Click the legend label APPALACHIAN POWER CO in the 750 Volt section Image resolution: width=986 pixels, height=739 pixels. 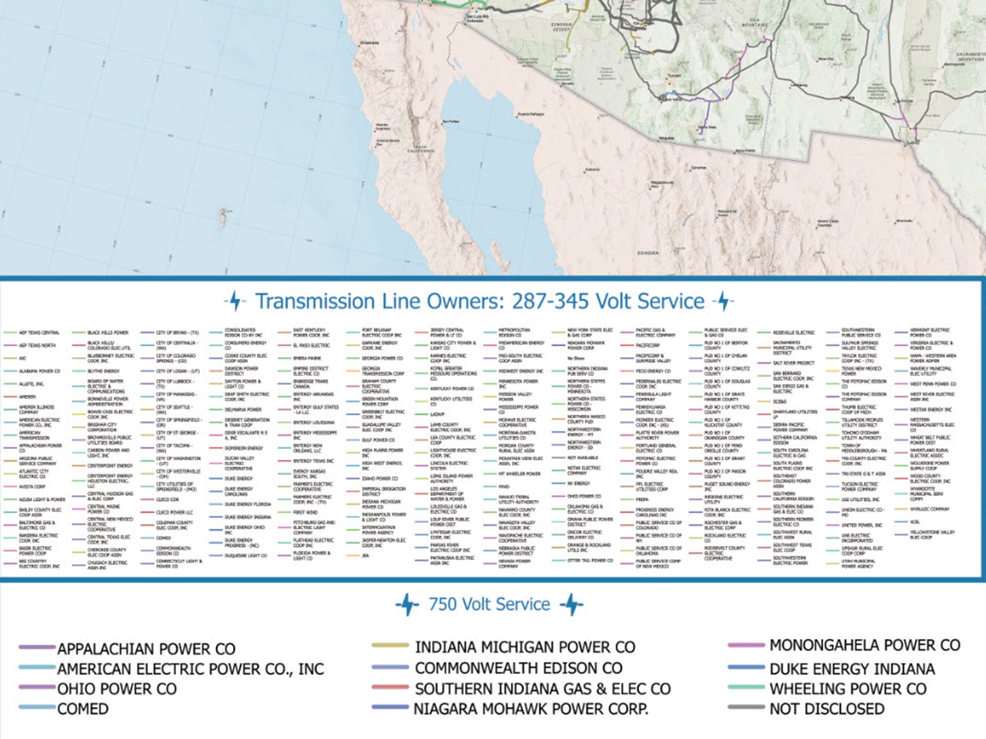(146, 649)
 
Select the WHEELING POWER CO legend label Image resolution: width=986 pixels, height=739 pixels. (848, 689)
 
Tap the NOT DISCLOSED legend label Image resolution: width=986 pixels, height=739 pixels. (827, 709)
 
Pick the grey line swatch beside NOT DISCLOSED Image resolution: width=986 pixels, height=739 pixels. (746, 707)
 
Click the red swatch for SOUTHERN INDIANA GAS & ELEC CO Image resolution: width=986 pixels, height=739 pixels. (390, 687)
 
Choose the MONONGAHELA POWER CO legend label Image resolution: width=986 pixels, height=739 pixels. (864, 645)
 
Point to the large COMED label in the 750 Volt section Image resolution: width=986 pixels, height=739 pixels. (83, 709)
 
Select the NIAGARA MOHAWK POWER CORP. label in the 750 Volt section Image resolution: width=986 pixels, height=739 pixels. (531, 709)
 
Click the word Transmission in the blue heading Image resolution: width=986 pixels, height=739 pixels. (315, 301)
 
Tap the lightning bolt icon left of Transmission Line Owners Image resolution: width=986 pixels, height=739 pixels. (235, 301)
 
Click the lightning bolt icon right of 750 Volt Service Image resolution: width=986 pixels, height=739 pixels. (571, 605)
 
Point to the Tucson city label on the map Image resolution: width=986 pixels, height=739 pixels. (674, 75)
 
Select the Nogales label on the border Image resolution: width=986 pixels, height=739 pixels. (666, 138)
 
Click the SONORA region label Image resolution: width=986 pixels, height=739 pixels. (648, 253)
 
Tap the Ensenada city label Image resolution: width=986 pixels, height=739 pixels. (369, 43)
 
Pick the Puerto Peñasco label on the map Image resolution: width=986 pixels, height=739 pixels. (530, 114)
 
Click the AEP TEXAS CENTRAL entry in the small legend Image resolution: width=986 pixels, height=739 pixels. (39, 333)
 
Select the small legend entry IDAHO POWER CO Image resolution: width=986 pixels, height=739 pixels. (380, 479)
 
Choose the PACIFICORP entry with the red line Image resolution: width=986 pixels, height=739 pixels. (647, 345)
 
